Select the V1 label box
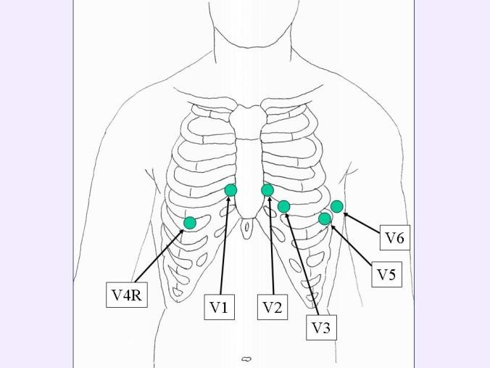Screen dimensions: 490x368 (x=218, y=308)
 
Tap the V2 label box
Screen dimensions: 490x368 (x=272, y=308)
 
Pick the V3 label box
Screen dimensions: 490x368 (x=320, y=328)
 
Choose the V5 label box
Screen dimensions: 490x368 (x=386, y=275)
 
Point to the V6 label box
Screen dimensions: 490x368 (x=394, y=237)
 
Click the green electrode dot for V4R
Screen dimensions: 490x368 (x=190, y=222)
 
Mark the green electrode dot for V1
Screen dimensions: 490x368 (x=231, y=190)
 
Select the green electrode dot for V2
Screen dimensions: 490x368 (x=267, y=190)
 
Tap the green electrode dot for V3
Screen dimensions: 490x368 (x=284, y=207)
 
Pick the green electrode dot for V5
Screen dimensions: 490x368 (x=325, y=218)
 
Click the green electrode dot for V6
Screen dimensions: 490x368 (x=336, y=206)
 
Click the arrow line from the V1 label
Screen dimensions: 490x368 (x=225, y=247)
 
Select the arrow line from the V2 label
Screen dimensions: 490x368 (x=270, y=247)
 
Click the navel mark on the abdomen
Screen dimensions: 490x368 (x=246, y=358)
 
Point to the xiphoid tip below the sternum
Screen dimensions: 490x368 (x=249, y=216)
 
